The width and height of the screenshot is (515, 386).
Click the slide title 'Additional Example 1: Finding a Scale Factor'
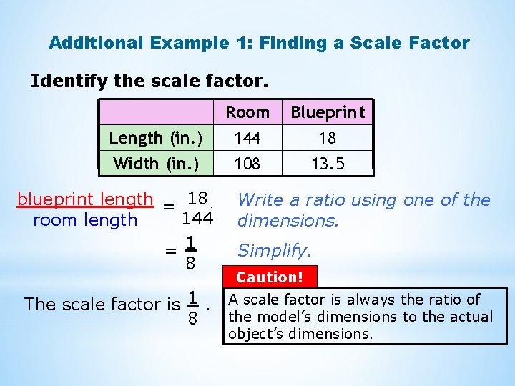pos(259,43)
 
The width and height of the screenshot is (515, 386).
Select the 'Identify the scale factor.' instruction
pos(149,81)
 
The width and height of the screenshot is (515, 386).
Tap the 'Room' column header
pos(247,112)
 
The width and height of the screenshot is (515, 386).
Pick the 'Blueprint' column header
pos(328,112)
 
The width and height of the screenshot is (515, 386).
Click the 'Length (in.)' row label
pos(156,138)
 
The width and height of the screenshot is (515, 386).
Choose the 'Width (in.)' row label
pos(156,164)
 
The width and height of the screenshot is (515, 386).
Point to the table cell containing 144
pos(247,138)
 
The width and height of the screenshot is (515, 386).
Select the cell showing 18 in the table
pos(328,138)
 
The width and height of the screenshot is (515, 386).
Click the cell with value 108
pos(247,164)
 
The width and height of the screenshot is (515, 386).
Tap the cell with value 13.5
pos(328,164)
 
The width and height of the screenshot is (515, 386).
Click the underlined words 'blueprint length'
pos(85,199)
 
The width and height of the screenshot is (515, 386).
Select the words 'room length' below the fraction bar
pos(85,220)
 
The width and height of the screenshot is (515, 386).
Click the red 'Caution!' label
pos(270,277)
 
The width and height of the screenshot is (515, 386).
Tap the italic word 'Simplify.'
pos(275,250)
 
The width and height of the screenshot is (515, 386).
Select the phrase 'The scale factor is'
pos(102,305)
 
